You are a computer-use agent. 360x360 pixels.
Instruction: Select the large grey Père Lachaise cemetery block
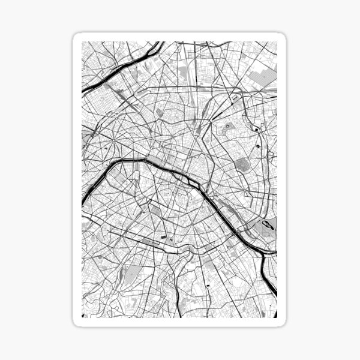coord(242,164)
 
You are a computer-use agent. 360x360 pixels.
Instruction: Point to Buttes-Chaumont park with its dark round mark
coord(229,127)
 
